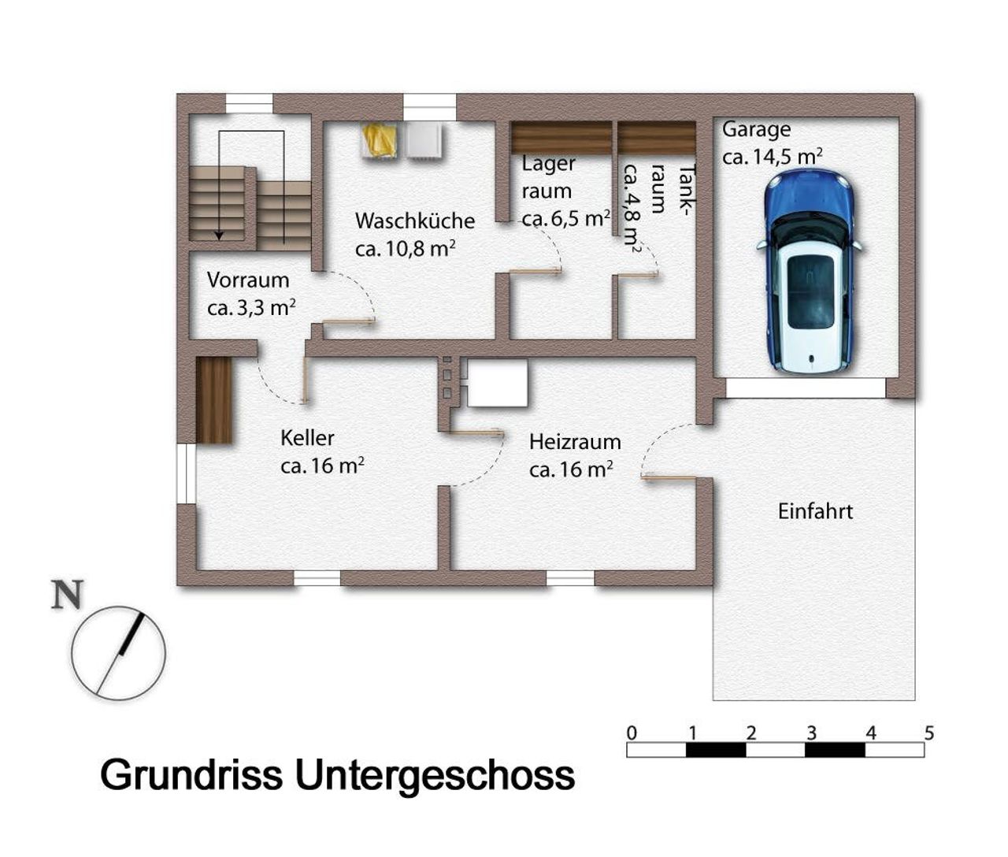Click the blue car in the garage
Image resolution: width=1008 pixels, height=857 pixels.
pos(810,273)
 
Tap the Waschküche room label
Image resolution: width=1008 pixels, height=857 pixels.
pos(415,221)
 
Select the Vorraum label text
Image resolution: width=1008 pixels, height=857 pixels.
pos(248,280)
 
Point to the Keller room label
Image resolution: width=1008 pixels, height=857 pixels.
pos(307,438)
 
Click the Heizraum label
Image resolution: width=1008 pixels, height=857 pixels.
pos(575,442)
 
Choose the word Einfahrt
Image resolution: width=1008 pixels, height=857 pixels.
pos(815,512)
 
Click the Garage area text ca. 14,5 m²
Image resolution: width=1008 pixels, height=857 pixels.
pos(773,157)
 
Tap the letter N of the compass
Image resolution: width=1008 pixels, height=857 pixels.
pos(67,595)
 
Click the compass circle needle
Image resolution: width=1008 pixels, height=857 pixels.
pos(120,653)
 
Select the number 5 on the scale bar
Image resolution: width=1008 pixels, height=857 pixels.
pos(929,733)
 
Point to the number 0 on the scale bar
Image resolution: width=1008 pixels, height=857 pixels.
pos(632,733)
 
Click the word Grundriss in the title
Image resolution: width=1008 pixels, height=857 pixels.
pos(191,776)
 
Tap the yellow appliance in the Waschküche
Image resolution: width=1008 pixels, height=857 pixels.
pos(380,140)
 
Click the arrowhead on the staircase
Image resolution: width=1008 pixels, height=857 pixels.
pos(220,236)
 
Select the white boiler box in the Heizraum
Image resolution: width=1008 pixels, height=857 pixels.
pos(498,383)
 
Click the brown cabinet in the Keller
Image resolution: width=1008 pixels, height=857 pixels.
pos(214,400)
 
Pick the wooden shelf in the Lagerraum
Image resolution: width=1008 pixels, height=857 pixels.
pos(561,138)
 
